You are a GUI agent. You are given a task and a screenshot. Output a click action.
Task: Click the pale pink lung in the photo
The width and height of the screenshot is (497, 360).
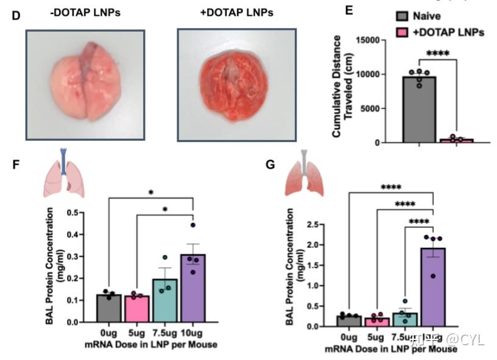click(x=85, y=82)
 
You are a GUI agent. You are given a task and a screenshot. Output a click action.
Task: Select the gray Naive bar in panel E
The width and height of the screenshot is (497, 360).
click(x=418, y=109)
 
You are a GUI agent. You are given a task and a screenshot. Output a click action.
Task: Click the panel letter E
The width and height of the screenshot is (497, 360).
click(x=349, y=10)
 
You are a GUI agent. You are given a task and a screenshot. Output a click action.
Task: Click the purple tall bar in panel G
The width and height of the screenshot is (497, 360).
click(x=434, y=286)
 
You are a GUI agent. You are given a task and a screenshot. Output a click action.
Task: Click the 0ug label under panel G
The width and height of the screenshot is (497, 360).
click(x=349, y=337)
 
